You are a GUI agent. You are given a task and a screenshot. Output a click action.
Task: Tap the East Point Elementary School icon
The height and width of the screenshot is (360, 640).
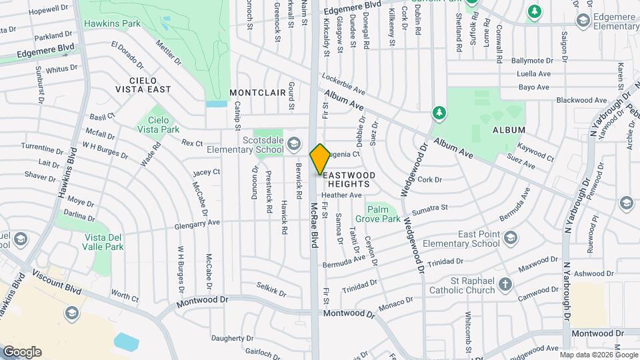pos(511,238)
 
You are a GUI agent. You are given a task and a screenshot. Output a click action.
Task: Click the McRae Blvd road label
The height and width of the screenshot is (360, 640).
pos(313,227)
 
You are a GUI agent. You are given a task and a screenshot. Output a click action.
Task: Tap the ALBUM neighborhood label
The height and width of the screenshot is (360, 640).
pos(509,130)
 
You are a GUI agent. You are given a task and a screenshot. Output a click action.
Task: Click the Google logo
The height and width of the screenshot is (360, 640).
pos(21,351)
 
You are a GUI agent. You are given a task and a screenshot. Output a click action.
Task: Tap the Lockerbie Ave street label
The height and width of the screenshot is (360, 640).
pos(343,83)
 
